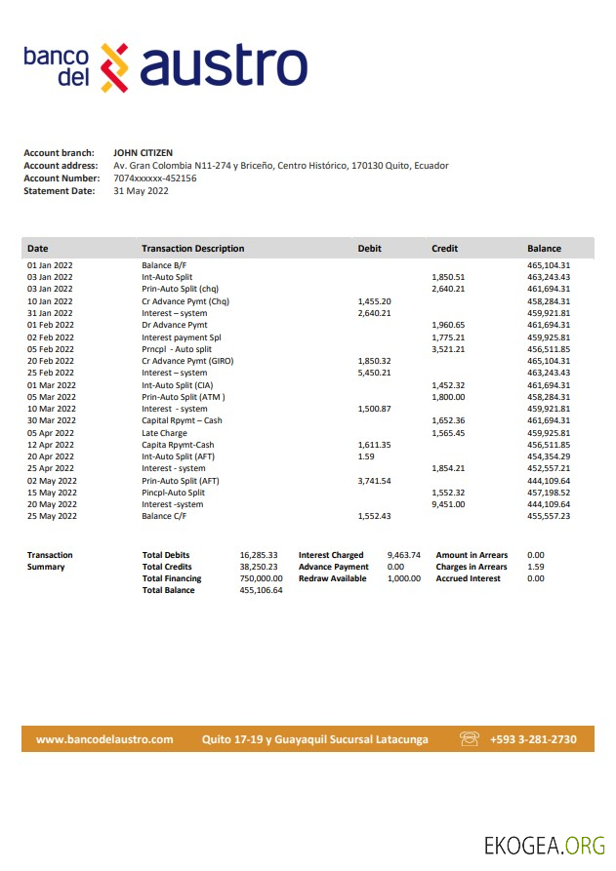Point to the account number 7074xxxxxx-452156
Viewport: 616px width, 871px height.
click(155, 178)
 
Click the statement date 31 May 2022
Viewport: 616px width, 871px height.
click(142, 191)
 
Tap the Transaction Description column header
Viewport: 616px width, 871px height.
click(192, 249)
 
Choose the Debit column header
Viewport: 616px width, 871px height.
click(370, 249)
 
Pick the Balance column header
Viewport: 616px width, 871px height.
click(544, 249)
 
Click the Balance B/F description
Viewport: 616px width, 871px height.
click(164, 265)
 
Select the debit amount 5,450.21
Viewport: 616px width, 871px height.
click(374, 373)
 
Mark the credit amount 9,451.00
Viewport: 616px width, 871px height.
click(448, 504)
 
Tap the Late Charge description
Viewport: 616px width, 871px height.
click(164, 432)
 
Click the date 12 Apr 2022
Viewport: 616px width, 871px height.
click(51, 445)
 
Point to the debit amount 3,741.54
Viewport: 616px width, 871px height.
click(374, 481)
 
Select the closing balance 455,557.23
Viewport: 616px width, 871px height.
click(549, 516)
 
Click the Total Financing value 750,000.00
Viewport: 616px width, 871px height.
click(261, 578)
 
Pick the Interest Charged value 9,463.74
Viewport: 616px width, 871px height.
click(403, 555)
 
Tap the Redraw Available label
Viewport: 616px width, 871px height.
click(333, 578)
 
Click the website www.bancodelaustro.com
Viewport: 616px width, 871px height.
click(104, 739)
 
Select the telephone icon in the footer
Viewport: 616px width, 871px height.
click(470, 739)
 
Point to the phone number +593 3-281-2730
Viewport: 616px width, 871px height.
click(533, 739)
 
